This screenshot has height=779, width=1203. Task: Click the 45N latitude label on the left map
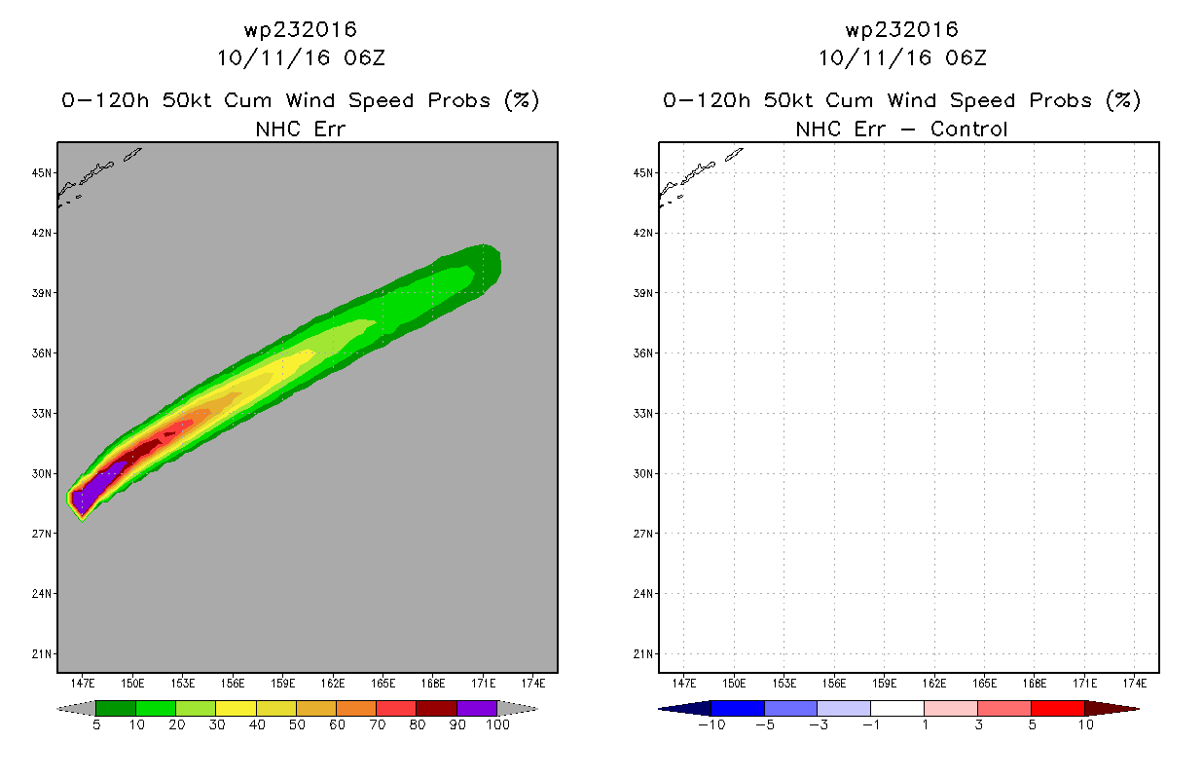coord(41,173)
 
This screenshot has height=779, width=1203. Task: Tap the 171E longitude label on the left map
coord(483,684)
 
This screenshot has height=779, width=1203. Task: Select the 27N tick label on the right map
coord(642,534)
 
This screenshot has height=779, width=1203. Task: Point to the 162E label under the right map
coord(934,684)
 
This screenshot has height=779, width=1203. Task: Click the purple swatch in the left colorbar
coord(477,708)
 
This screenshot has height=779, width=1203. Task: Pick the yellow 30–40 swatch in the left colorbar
coord(237,708)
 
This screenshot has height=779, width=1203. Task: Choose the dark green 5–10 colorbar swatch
coord(116,708)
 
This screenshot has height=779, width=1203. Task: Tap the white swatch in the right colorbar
coord(897,708)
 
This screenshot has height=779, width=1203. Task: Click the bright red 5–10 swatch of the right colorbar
coord(1058,708)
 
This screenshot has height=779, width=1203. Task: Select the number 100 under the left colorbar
coord(497,725)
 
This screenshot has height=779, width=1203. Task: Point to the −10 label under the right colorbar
coord(711,725)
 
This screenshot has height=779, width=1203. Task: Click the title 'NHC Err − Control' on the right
coord(901,130)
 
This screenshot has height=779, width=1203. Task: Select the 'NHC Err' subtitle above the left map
coord(300,130)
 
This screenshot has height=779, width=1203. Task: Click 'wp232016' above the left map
coord(300,29)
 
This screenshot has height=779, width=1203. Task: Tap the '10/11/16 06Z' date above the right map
coord(902,58)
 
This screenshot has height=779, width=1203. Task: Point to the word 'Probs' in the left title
coord(458,100)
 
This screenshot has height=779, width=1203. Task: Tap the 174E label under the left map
coord(532,684)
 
